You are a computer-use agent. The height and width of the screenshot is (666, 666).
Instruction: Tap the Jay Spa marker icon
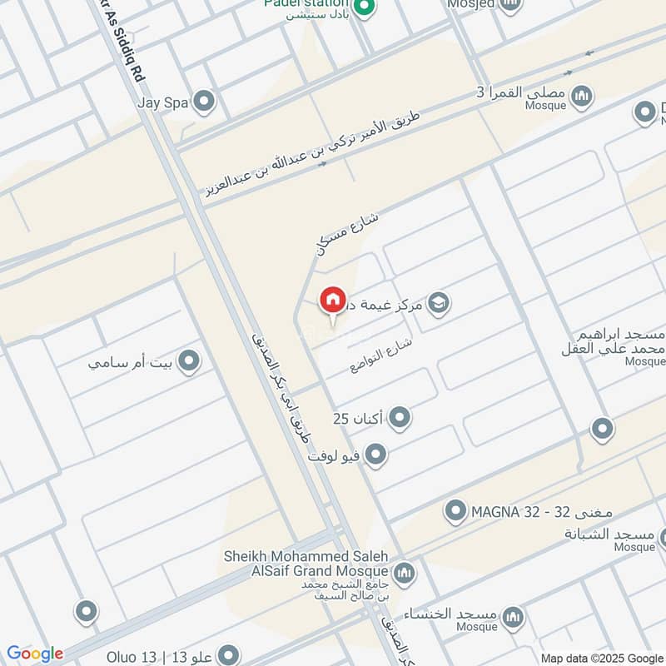coord(204,103)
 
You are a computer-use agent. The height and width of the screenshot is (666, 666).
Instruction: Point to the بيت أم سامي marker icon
coord(190,361)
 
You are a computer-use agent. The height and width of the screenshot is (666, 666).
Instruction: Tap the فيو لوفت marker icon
coord(376,455)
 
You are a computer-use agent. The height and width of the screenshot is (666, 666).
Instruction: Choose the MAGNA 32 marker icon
coord(455,510)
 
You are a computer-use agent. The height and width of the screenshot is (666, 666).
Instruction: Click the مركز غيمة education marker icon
coord(439,304)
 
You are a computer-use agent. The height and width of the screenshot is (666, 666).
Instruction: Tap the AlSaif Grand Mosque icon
coord(404,573)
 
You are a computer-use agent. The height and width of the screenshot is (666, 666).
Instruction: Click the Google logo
coord(35,654)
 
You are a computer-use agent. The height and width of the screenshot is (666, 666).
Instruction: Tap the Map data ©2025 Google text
coord(601,657)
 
